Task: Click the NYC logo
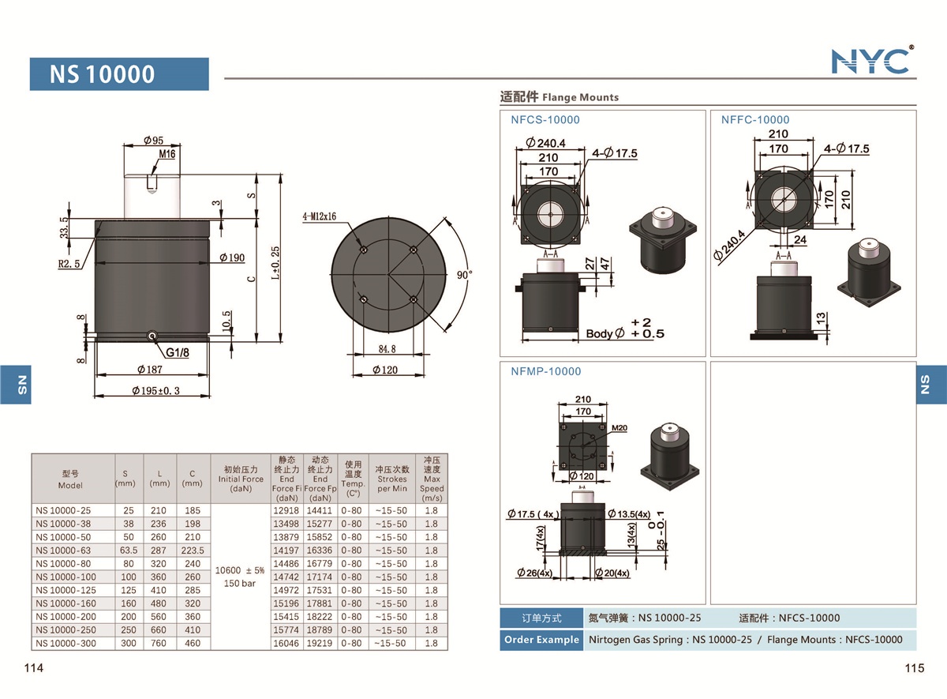click(x=872, y=60)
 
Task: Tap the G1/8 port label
click(x=177, y=353)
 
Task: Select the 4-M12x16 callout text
click(x=319, y=216)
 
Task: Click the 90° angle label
click(x=464, y=275)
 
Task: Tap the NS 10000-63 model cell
click(x=63, y=551)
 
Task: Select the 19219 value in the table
click(x=320, y=644)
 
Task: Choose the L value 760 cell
click(x=159, y=644)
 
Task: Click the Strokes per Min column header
click(x=391, y=479)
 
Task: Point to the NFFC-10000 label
click(x=755, y=120)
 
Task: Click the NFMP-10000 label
click(x=545, y=371)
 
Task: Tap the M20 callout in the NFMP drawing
click(x=619, y=428)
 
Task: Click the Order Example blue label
click(x=541, y=640)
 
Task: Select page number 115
click(x=914, y=669)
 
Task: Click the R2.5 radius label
click(x=70, y=264)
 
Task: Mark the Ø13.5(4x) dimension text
click(x=630, y=515)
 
